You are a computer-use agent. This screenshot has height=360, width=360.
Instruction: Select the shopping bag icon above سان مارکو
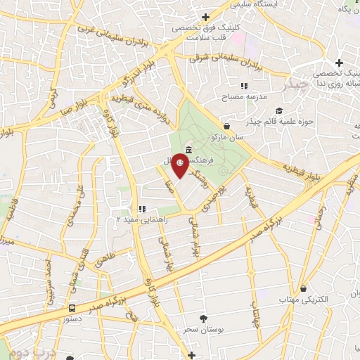point(226,127)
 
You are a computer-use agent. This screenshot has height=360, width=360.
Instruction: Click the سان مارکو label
point(229,138)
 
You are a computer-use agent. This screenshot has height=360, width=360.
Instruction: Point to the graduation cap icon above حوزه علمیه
point(279,111)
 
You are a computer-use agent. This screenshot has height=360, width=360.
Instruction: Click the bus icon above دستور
point(72,308)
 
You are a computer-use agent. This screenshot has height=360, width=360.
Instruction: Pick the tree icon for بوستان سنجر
point(204,319)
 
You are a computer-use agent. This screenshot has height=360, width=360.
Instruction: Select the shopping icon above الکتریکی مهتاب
point(303,288)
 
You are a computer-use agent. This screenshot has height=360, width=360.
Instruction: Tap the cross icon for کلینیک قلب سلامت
point(205,17)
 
